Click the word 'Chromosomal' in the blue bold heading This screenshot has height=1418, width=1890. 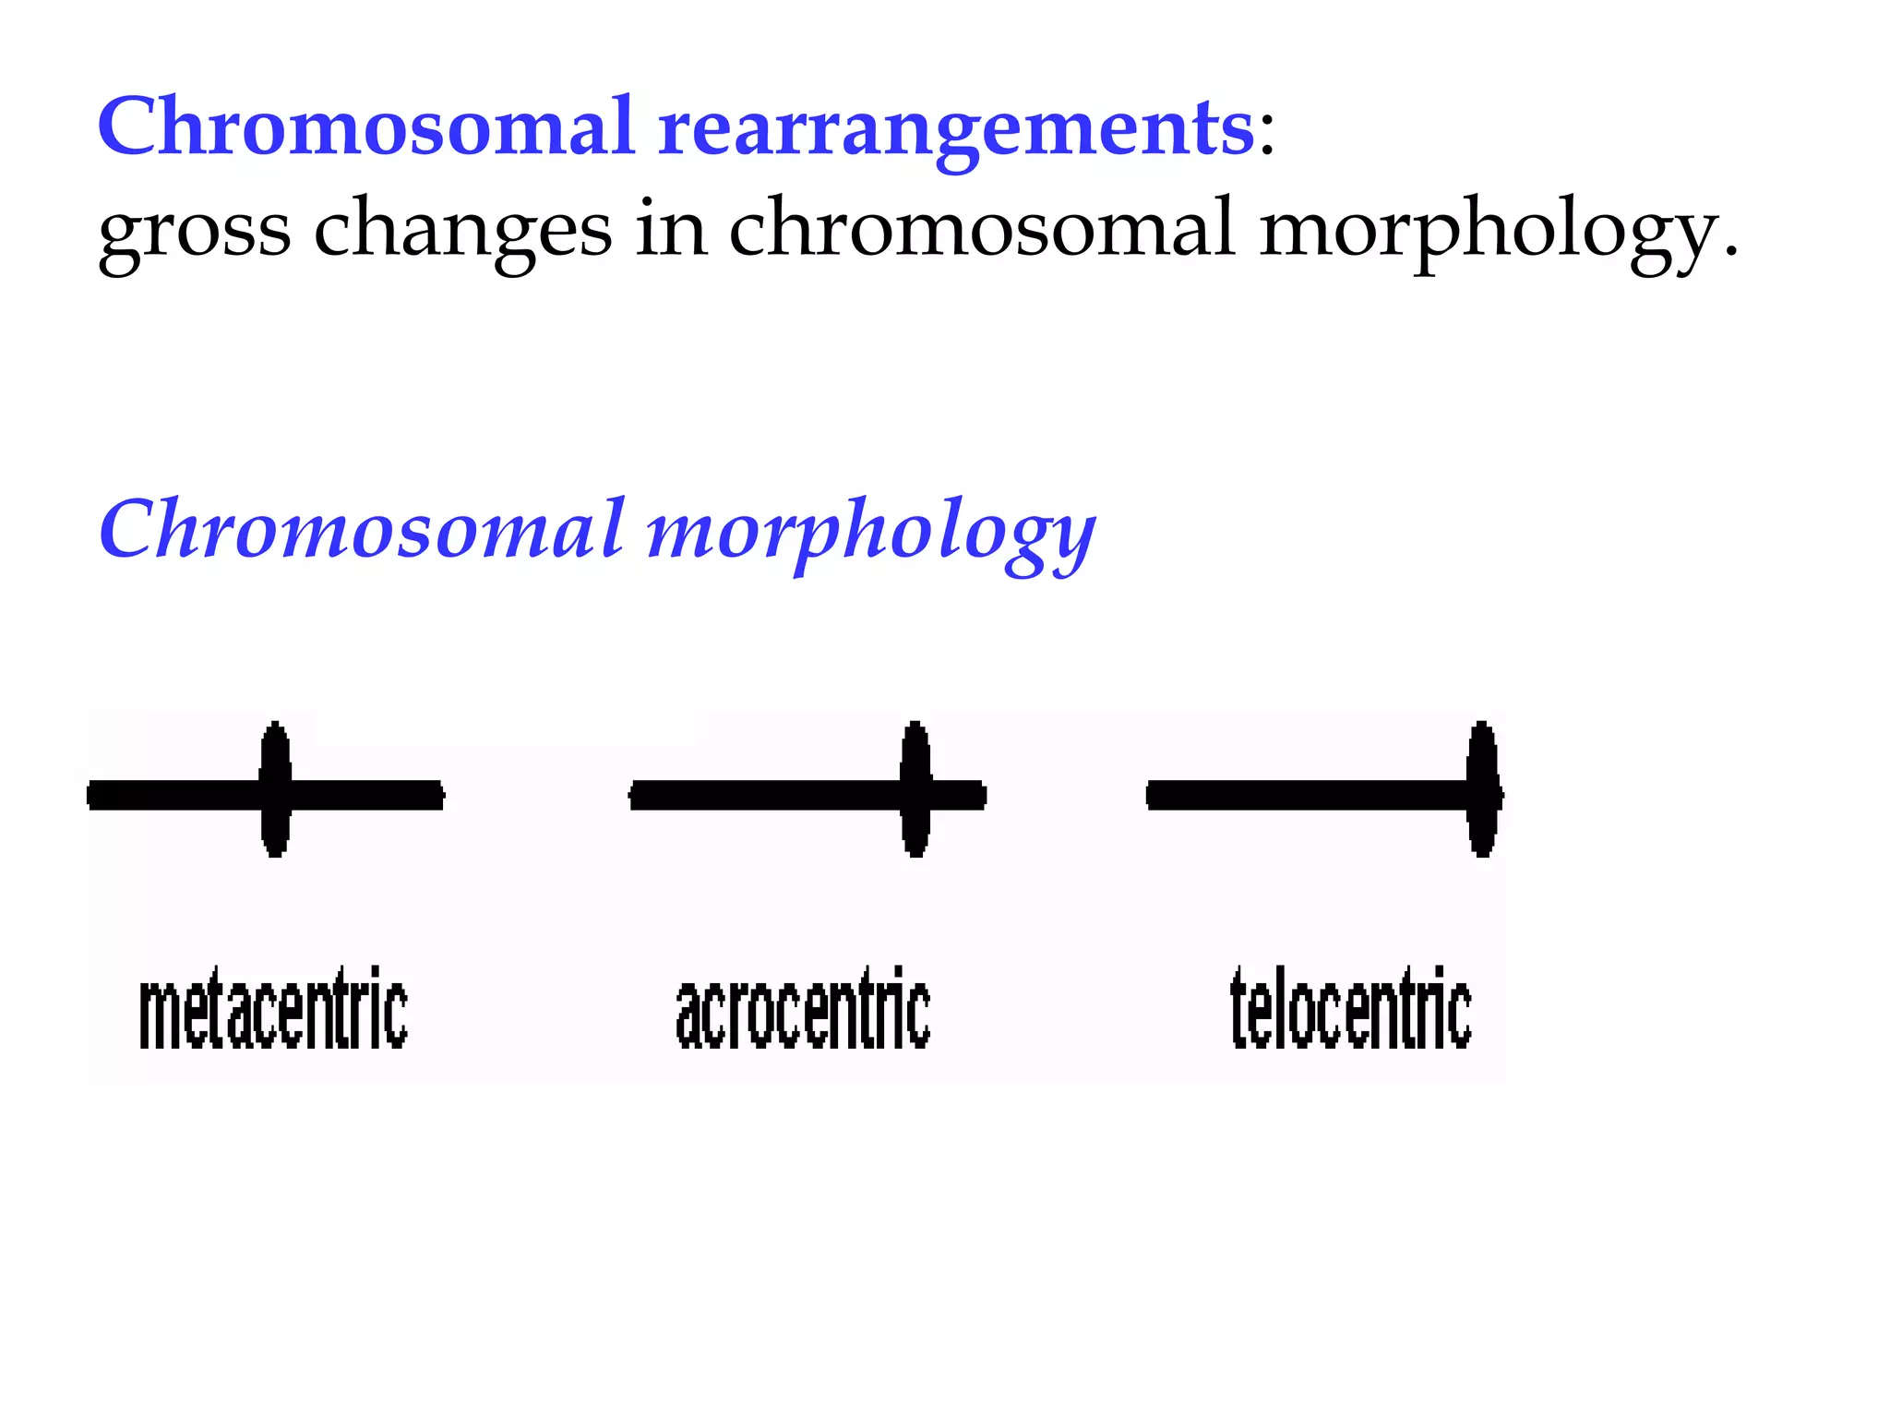[365, 126]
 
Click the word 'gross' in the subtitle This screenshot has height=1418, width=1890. [194, 231]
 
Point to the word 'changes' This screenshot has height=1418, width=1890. [462, 231]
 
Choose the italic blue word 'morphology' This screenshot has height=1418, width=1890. [870, 535]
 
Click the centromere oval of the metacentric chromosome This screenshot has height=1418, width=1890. [275, 789]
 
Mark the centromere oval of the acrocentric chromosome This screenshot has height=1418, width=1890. [915, 789]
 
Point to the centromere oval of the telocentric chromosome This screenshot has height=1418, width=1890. [1482, 789]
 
